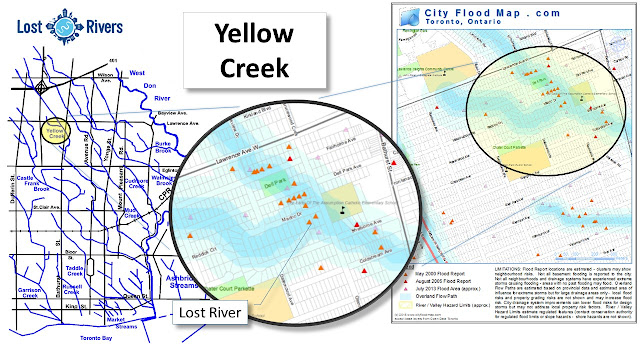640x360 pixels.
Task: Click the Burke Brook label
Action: coord(163,148)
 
